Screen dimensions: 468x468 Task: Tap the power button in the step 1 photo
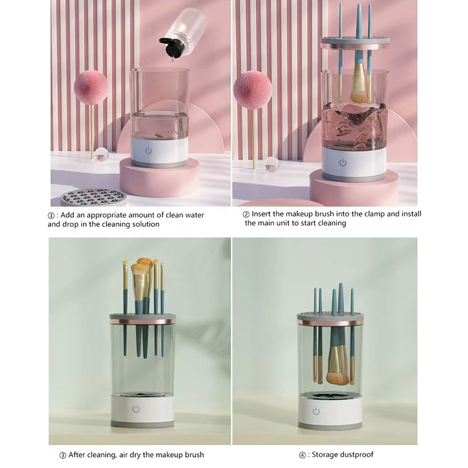coord(149,151)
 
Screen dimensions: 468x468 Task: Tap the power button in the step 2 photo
coord(343,163)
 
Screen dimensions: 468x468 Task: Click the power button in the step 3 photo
coord(136,408)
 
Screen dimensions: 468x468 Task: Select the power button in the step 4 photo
coord(316,412)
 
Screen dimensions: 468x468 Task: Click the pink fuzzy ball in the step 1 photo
coord(91,87)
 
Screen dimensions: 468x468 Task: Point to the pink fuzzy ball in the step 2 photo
coord(253,90)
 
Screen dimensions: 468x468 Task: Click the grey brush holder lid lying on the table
coord(93,198)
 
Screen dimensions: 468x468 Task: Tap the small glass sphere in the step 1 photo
coord(101,154)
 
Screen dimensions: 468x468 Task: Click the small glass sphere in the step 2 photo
coord(271,165)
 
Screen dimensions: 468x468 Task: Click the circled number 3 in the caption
coord(63,456)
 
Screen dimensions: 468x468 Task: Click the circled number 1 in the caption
coord(51,215)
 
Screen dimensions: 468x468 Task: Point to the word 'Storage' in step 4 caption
coord(324,455)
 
